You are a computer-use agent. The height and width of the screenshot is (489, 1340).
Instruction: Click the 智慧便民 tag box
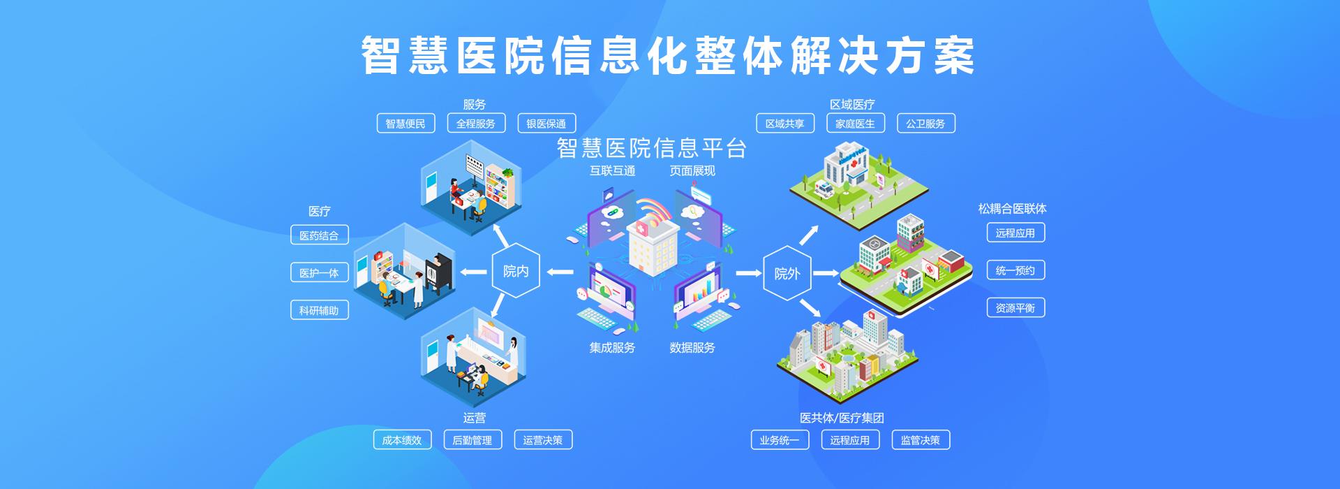(405, 124)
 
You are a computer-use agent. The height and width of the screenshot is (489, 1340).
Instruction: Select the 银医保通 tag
(546, 124)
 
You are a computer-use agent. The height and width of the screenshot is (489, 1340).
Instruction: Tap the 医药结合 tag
(319, 235)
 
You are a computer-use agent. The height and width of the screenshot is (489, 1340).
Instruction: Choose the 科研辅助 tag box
(319, 310)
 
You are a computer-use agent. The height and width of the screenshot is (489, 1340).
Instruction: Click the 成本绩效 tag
(402, 440)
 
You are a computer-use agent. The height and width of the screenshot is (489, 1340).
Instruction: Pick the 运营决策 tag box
(543, 440)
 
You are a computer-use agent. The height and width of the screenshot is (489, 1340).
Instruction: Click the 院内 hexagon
(516, 271)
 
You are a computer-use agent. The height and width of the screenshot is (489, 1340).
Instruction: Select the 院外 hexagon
(787, 273)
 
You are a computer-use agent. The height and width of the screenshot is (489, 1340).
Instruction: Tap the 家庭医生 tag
(855, 124)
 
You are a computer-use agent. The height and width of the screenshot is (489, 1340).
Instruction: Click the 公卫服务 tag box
(925, 124)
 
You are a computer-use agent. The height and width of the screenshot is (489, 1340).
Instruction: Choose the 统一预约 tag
(1015, 270)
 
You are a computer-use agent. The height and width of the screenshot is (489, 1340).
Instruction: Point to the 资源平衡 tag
(1015, 307)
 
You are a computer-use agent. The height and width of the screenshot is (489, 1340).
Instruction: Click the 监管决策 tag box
(921, 440)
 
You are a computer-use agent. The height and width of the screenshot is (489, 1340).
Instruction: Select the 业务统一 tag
(780, 440)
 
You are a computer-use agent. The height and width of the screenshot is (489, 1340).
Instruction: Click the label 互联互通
(612, 170)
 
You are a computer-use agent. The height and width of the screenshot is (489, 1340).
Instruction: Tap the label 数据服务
(692, 347)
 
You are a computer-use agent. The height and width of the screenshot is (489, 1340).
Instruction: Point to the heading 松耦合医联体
(1012, 208)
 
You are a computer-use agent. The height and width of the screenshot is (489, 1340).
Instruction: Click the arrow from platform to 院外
(749, 272)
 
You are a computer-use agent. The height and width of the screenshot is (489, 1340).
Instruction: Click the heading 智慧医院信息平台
(652, 148)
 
